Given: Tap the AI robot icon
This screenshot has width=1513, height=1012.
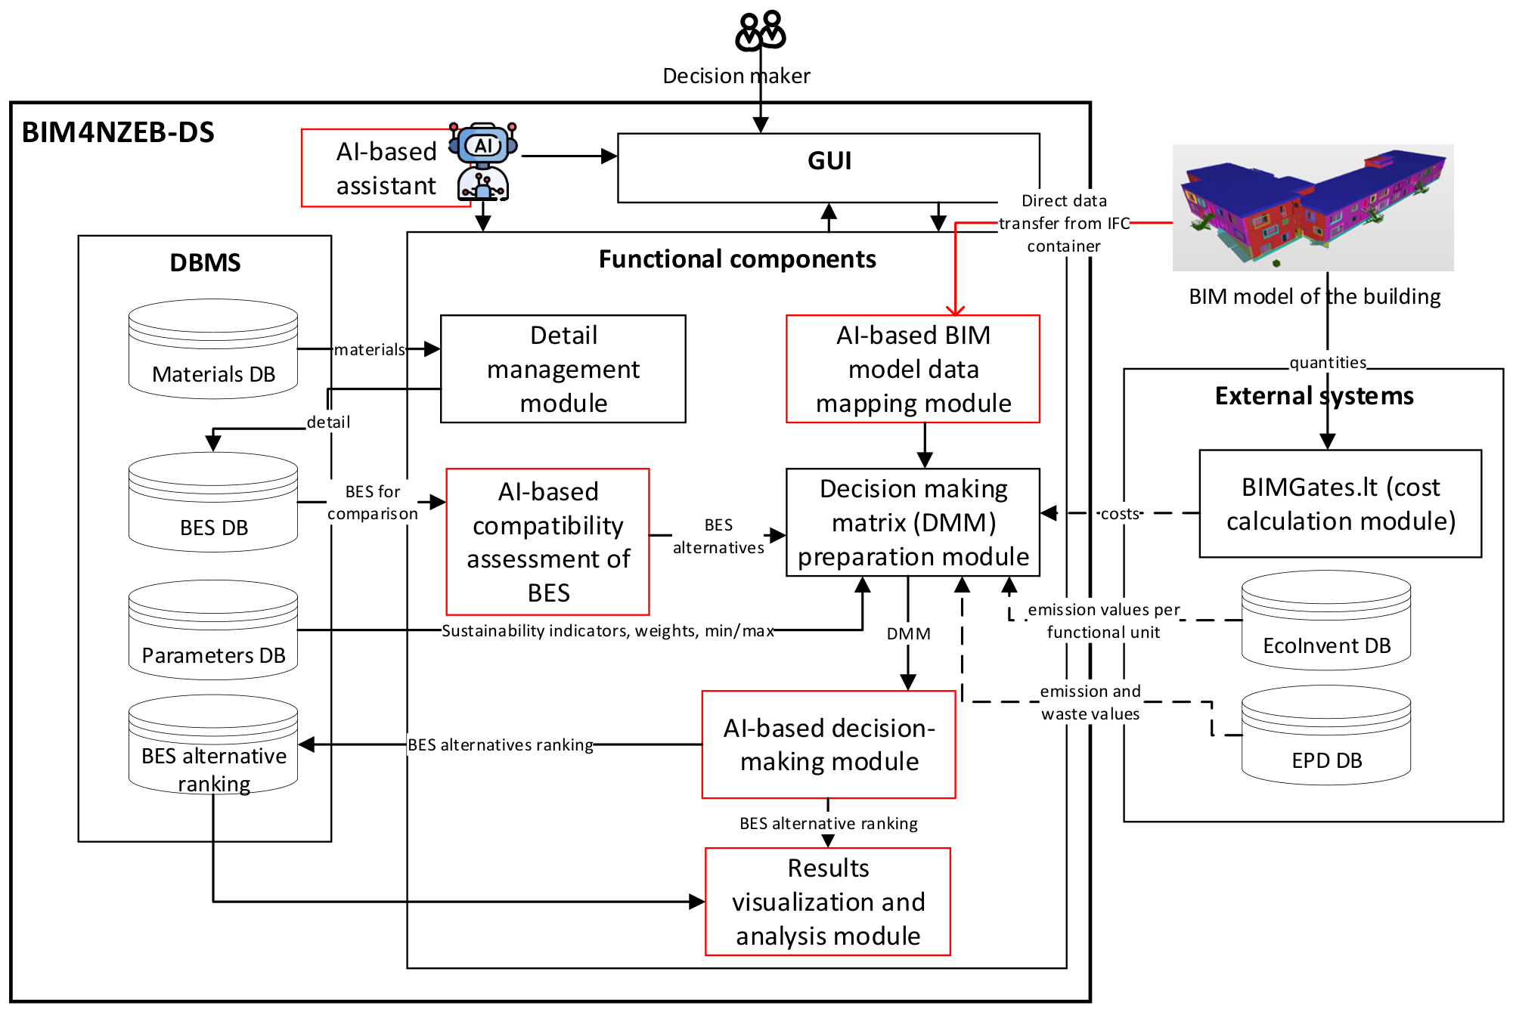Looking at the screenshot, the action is tap(483, 162).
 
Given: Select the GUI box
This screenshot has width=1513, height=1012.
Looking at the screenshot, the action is tap(829, 168).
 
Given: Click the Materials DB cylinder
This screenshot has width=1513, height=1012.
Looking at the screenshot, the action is tap(213, 348).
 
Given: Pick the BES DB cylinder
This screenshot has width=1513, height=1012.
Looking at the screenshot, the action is tap(213, 502).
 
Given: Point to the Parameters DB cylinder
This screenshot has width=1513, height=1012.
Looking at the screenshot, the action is tap(213, 630).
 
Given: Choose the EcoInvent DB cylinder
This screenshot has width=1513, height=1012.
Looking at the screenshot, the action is tap(1326, 620).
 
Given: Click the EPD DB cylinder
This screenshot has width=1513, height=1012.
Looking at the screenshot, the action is tap(1326, 735).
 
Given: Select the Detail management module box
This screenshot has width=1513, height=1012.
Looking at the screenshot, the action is tap(563, 369).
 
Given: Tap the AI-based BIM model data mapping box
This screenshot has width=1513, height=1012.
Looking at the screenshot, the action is tap(913, 369).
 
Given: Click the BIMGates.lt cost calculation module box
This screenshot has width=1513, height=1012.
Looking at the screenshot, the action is tap(1341, 504).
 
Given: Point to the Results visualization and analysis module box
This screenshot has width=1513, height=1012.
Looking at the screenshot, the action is tap(828, 902).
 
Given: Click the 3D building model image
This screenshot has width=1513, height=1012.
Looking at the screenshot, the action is tap(1313, 208).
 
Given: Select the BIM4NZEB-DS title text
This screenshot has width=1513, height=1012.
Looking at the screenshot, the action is tap(118, 132).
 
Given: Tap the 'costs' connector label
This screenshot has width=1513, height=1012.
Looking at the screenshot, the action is tap(1120, 514).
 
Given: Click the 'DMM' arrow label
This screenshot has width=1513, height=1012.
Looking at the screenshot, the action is tap(909, 633).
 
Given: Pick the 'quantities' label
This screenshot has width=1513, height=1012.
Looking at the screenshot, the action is tap(1328, 363).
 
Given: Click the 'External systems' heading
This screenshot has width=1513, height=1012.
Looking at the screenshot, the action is tap(1314, 396).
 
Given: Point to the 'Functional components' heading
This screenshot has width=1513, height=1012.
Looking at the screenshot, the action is tap(737, 259).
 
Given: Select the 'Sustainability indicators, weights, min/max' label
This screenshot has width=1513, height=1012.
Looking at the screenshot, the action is tap(608, 630).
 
